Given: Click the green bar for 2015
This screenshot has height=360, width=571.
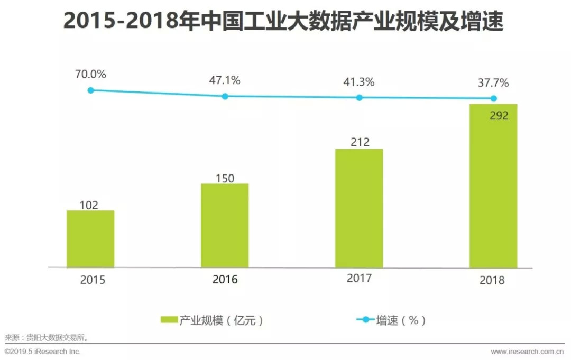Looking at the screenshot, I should (90, 239).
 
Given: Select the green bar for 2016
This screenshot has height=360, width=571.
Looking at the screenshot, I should (225, 225).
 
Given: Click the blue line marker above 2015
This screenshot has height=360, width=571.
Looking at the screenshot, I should (90, 90).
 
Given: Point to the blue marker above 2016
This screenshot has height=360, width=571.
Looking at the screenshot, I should (225, 96).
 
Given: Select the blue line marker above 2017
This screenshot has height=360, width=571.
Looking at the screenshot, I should (359, 97).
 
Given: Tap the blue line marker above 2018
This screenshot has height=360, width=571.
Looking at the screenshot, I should (493, 98).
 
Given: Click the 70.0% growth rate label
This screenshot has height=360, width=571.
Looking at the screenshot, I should (90, 75).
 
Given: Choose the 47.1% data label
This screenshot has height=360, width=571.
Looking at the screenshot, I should (225, 80).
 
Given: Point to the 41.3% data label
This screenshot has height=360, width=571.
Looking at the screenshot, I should (359, 82).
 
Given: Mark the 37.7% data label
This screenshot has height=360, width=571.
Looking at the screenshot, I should (493, 83).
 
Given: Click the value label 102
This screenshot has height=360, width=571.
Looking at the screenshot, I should (88, 205).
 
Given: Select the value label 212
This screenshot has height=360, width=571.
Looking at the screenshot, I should (359, 142).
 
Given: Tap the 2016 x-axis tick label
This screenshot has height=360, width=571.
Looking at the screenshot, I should (225, 280).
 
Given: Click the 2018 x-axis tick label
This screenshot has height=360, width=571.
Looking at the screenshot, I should (492, 280).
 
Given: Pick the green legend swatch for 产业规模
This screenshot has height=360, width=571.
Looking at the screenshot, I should (169, 320).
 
